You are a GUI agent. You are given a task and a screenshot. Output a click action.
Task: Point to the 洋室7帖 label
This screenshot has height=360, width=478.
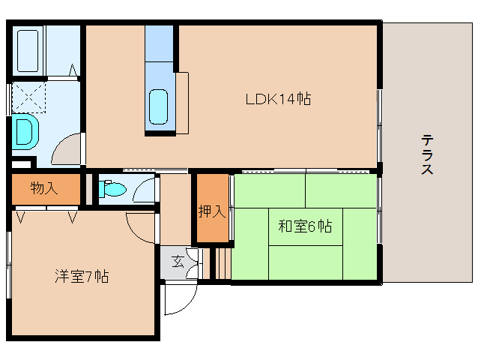coord(81,276)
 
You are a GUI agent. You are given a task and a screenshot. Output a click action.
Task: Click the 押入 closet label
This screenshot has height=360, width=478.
coord(212,211)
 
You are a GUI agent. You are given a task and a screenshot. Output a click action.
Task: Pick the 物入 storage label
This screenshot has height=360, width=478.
coord(43,188)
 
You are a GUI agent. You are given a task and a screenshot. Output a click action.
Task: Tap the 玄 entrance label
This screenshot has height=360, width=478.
coord(178,262)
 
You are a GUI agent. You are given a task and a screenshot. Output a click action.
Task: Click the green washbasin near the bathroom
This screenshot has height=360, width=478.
coord(24,132)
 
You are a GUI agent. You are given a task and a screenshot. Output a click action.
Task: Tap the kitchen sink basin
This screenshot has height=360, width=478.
coord(159,106)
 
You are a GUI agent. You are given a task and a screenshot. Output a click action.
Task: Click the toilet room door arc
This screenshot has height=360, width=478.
coord(144,190)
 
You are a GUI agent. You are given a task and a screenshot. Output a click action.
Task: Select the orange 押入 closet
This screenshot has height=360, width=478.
coord(212,225)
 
